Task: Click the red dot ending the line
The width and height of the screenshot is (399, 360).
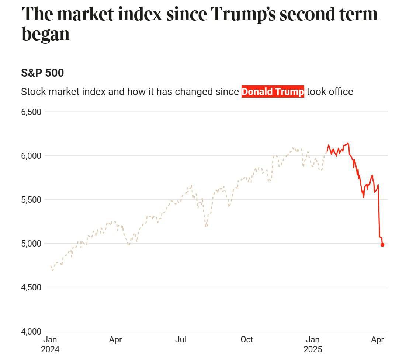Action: pos(382,245)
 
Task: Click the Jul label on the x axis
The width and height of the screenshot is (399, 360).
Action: pos(181,339)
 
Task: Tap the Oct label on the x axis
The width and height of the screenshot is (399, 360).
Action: pos(247,339)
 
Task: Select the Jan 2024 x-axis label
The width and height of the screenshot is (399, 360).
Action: pos(50,344)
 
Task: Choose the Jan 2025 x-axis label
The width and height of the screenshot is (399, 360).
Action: pos(313,344)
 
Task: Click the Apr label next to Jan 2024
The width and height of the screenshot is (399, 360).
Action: pos(115,339)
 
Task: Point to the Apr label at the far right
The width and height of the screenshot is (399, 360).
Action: pos(378,339)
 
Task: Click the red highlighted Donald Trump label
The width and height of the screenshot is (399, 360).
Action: pos(273,92)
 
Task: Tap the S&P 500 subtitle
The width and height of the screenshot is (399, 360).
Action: pos(42,73)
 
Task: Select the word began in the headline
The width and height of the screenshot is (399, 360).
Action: pos(46,34)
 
